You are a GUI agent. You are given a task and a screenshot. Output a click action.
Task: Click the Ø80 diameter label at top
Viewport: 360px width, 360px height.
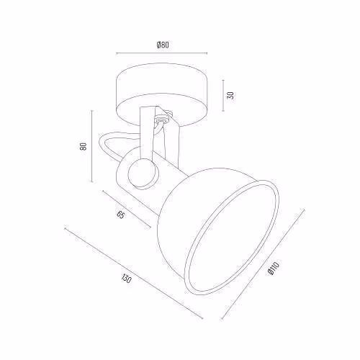click(x=163, y=45)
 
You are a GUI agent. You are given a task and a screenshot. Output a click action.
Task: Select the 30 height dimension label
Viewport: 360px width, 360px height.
click(x=230, y=96)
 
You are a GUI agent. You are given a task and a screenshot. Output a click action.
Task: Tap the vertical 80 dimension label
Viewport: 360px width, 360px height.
click(x=83, y=146)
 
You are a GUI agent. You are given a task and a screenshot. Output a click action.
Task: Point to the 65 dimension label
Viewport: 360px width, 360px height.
click(x=121, y=215)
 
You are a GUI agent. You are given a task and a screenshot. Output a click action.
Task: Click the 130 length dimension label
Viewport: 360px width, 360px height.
click(x=126, y=279)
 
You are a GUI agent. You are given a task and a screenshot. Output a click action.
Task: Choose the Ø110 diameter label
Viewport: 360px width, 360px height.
click(x=274, y=269)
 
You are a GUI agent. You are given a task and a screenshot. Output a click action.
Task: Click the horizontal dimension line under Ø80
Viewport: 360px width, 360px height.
click(x=162, y=53)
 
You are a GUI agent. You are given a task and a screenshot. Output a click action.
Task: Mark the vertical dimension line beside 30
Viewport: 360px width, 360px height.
click(x=223, y=96)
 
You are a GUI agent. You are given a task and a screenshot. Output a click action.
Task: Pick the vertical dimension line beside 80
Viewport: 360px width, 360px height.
click(x=92, y=146)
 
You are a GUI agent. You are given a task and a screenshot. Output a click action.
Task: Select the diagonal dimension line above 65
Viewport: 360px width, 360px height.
click(x=127, y=209)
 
